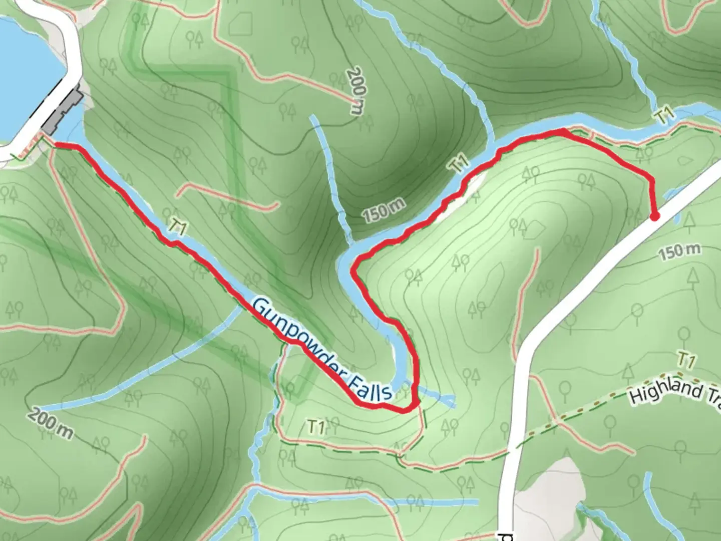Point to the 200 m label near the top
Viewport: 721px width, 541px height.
[x=356, y=90]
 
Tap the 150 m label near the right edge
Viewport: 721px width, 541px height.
[x=679, y=251]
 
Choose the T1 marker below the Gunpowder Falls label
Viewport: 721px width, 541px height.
[x=315, y=427]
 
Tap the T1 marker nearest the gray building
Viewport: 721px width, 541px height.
[x=178, y=226]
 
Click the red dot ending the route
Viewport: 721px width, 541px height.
[x=654, y=216]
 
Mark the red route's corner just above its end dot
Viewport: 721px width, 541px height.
[x=651, y=179]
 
